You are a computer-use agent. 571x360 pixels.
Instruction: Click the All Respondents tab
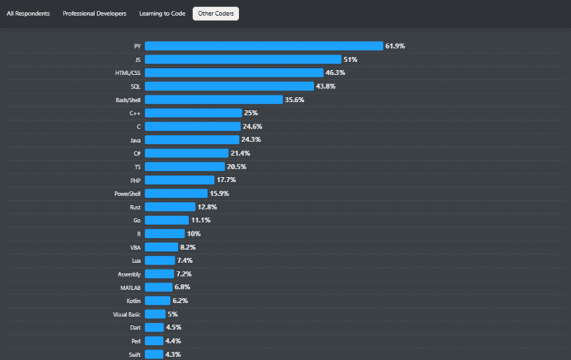(x=28, y=14)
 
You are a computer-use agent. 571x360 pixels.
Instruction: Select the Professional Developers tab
(x=94, y=14)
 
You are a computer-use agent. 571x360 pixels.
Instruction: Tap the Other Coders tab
(x=216, y=14)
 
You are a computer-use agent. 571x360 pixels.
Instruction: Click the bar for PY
(x=264, y=46)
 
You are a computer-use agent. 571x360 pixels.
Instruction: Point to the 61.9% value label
(x=395, y=46)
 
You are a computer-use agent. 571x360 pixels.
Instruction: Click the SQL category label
(x=135, y=86)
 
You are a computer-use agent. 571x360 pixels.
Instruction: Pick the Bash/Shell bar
(x=213, y=99)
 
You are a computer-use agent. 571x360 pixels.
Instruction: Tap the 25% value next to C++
(x=251, y=113)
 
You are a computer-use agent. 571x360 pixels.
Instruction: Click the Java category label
(x=134, y=140)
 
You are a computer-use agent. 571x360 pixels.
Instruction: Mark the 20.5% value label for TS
(x=236, y=166)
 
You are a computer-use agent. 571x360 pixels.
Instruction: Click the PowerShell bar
(x=176, y=194)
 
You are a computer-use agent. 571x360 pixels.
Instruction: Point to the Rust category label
(x=134, y=207)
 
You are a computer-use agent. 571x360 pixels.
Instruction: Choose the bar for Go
(x=166, y=220)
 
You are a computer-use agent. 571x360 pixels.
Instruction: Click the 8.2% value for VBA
(x=188, y=247)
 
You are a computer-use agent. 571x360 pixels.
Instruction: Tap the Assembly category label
(x=128, y=274)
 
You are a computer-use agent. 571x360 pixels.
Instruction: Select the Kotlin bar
(x=157, y=301)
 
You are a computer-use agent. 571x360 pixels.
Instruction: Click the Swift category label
(x=134, y=354)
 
